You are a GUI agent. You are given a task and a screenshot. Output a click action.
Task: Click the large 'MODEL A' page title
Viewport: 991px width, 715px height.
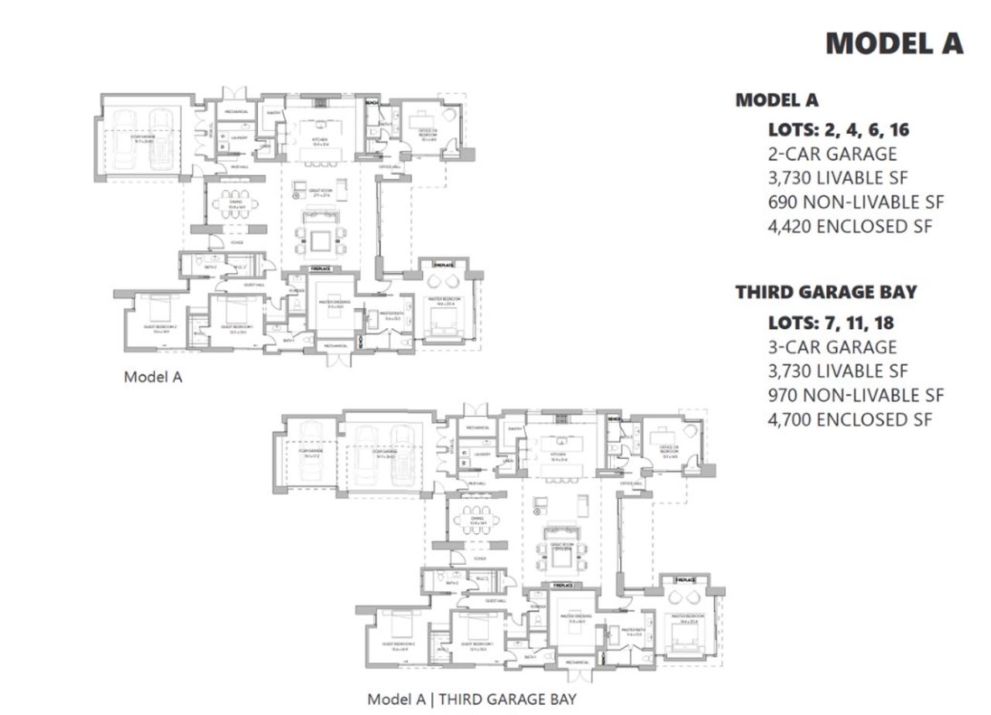[x=894, y=43]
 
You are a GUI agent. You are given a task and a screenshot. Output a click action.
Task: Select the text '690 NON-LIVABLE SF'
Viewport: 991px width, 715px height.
[x=856, y=203]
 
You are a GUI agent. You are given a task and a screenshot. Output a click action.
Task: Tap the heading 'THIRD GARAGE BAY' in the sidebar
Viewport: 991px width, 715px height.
[x=825, y=292]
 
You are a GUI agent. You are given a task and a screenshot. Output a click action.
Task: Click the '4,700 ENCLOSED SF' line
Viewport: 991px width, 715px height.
[x=849, y=420]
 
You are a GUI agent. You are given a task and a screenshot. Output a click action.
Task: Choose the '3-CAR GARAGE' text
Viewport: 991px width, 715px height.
[x=832, y=347]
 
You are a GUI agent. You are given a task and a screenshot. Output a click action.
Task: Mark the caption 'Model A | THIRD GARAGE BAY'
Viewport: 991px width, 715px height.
[x=471, y=700]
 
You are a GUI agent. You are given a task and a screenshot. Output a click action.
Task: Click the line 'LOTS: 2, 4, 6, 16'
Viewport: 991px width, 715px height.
[x=838, y=129]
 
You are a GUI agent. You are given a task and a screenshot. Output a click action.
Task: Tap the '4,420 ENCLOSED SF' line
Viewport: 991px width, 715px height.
[x=850, y=227]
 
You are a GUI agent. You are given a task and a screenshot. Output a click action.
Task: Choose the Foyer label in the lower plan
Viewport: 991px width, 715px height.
[x=480, y=558]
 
